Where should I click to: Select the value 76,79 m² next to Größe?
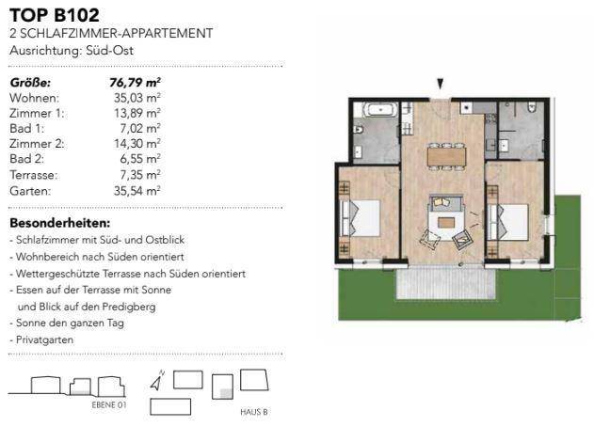[x=135, y=82]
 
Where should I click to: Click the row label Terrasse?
[x=33, y=175]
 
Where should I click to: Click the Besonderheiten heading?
[x=59, y=224]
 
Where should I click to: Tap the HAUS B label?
[x=254, y=412]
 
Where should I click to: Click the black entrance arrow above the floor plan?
[x=439, y=85]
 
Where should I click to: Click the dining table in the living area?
[x=445, y=154]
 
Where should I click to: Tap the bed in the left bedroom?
[x=361, y=217]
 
